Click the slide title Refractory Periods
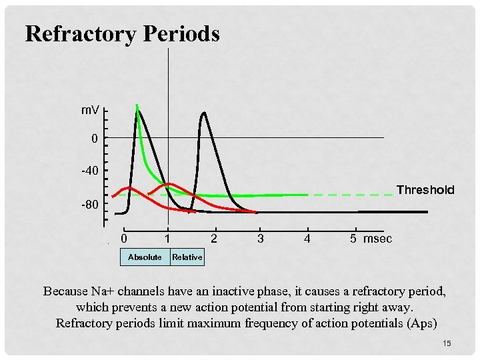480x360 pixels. (122, 33)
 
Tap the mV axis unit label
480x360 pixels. (91, 109)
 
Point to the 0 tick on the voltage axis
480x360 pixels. (95, 139)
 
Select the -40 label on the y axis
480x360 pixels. (89, 171)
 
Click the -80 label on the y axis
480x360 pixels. (89, 204)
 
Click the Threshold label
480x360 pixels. (425, 190)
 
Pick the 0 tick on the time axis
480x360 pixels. (125, 238)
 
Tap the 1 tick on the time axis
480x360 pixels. (168, 238)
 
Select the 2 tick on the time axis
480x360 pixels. (213, 238)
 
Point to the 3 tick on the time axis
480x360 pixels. (260, 238)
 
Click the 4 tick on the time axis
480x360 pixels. (307, 238)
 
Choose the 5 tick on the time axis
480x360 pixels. (353, 238)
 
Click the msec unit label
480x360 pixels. (378, 238)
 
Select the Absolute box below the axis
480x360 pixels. (145, 257)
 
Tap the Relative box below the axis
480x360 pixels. (187, 257)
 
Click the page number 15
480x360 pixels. (447, 343)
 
